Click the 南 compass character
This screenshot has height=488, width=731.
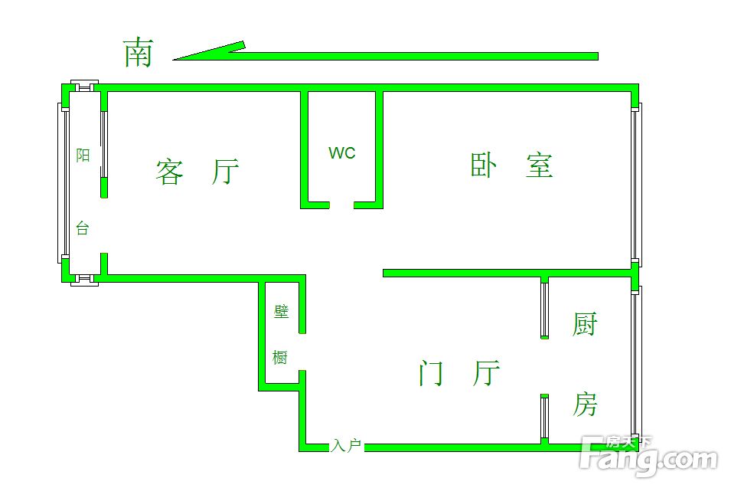tap(139, 52)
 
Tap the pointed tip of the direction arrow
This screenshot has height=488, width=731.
tap(173, 60)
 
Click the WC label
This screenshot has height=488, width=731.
tap(341, 152)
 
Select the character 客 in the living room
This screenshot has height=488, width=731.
tap(169, 172)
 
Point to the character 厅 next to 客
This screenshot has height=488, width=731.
tap(225, 171)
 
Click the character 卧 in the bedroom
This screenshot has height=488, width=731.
tap(484, 165)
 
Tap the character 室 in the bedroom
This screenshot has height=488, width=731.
tap(540, 165)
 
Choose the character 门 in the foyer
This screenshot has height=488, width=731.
tap(431, 372)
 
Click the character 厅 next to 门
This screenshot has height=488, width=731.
tap(486, 372)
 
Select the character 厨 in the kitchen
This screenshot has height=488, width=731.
tap(585, 324)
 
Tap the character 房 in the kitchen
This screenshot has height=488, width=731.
tap(585, 404)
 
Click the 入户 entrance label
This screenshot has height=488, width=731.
tap(347, 446)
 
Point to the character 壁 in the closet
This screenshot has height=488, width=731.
tap(281, 311)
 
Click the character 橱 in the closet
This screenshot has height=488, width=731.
tap(280, 357)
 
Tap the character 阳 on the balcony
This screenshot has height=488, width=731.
tap(83, 155)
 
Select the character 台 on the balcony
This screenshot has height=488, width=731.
tap(83, 228)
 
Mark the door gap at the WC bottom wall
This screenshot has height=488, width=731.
tap(341, 205)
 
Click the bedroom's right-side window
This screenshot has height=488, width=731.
tap(636, 185)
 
